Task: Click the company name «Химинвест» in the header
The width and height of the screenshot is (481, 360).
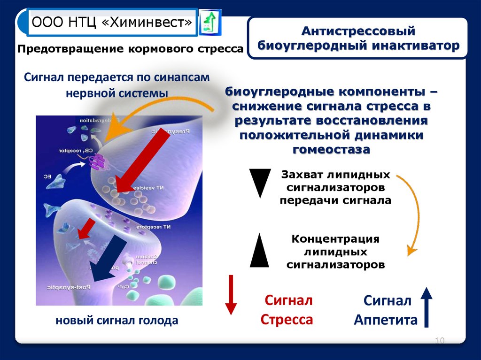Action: (152, 23)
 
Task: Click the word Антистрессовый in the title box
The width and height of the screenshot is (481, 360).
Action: (358, 31)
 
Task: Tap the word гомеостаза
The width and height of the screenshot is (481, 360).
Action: (331, 149)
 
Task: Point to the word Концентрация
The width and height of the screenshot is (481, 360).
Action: (335, 238)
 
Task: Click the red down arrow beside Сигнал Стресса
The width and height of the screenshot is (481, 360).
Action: (230, 294)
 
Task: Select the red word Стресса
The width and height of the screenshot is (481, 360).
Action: (287, 320)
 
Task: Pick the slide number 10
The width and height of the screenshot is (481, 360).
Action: (440, 340)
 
